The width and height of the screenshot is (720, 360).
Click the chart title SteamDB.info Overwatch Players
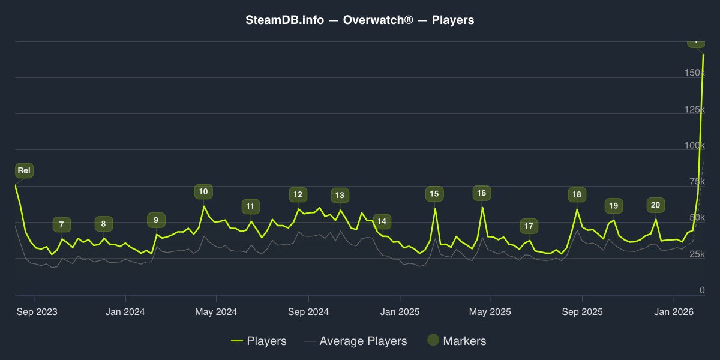360,20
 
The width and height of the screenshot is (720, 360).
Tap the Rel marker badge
24,170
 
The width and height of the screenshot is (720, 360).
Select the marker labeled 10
203,192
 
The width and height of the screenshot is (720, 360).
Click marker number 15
434,194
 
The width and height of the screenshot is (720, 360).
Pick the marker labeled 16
481,193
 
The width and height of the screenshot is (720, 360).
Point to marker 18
577,194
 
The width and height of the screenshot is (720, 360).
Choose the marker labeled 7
61,225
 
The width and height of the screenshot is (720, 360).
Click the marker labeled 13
340,195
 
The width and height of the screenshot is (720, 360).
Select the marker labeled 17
529,226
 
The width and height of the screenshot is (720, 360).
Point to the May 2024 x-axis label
217,312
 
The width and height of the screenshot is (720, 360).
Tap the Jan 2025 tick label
400,312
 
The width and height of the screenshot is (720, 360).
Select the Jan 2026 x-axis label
674,312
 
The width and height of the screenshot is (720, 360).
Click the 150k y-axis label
694,73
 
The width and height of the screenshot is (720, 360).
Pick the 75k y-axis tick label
696,182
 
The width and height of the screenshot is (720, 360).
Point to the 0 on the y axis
702,290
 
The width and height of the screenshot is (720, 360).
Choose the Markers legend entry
457,341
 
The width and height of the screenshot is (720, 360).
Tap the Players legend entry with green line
259,341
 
